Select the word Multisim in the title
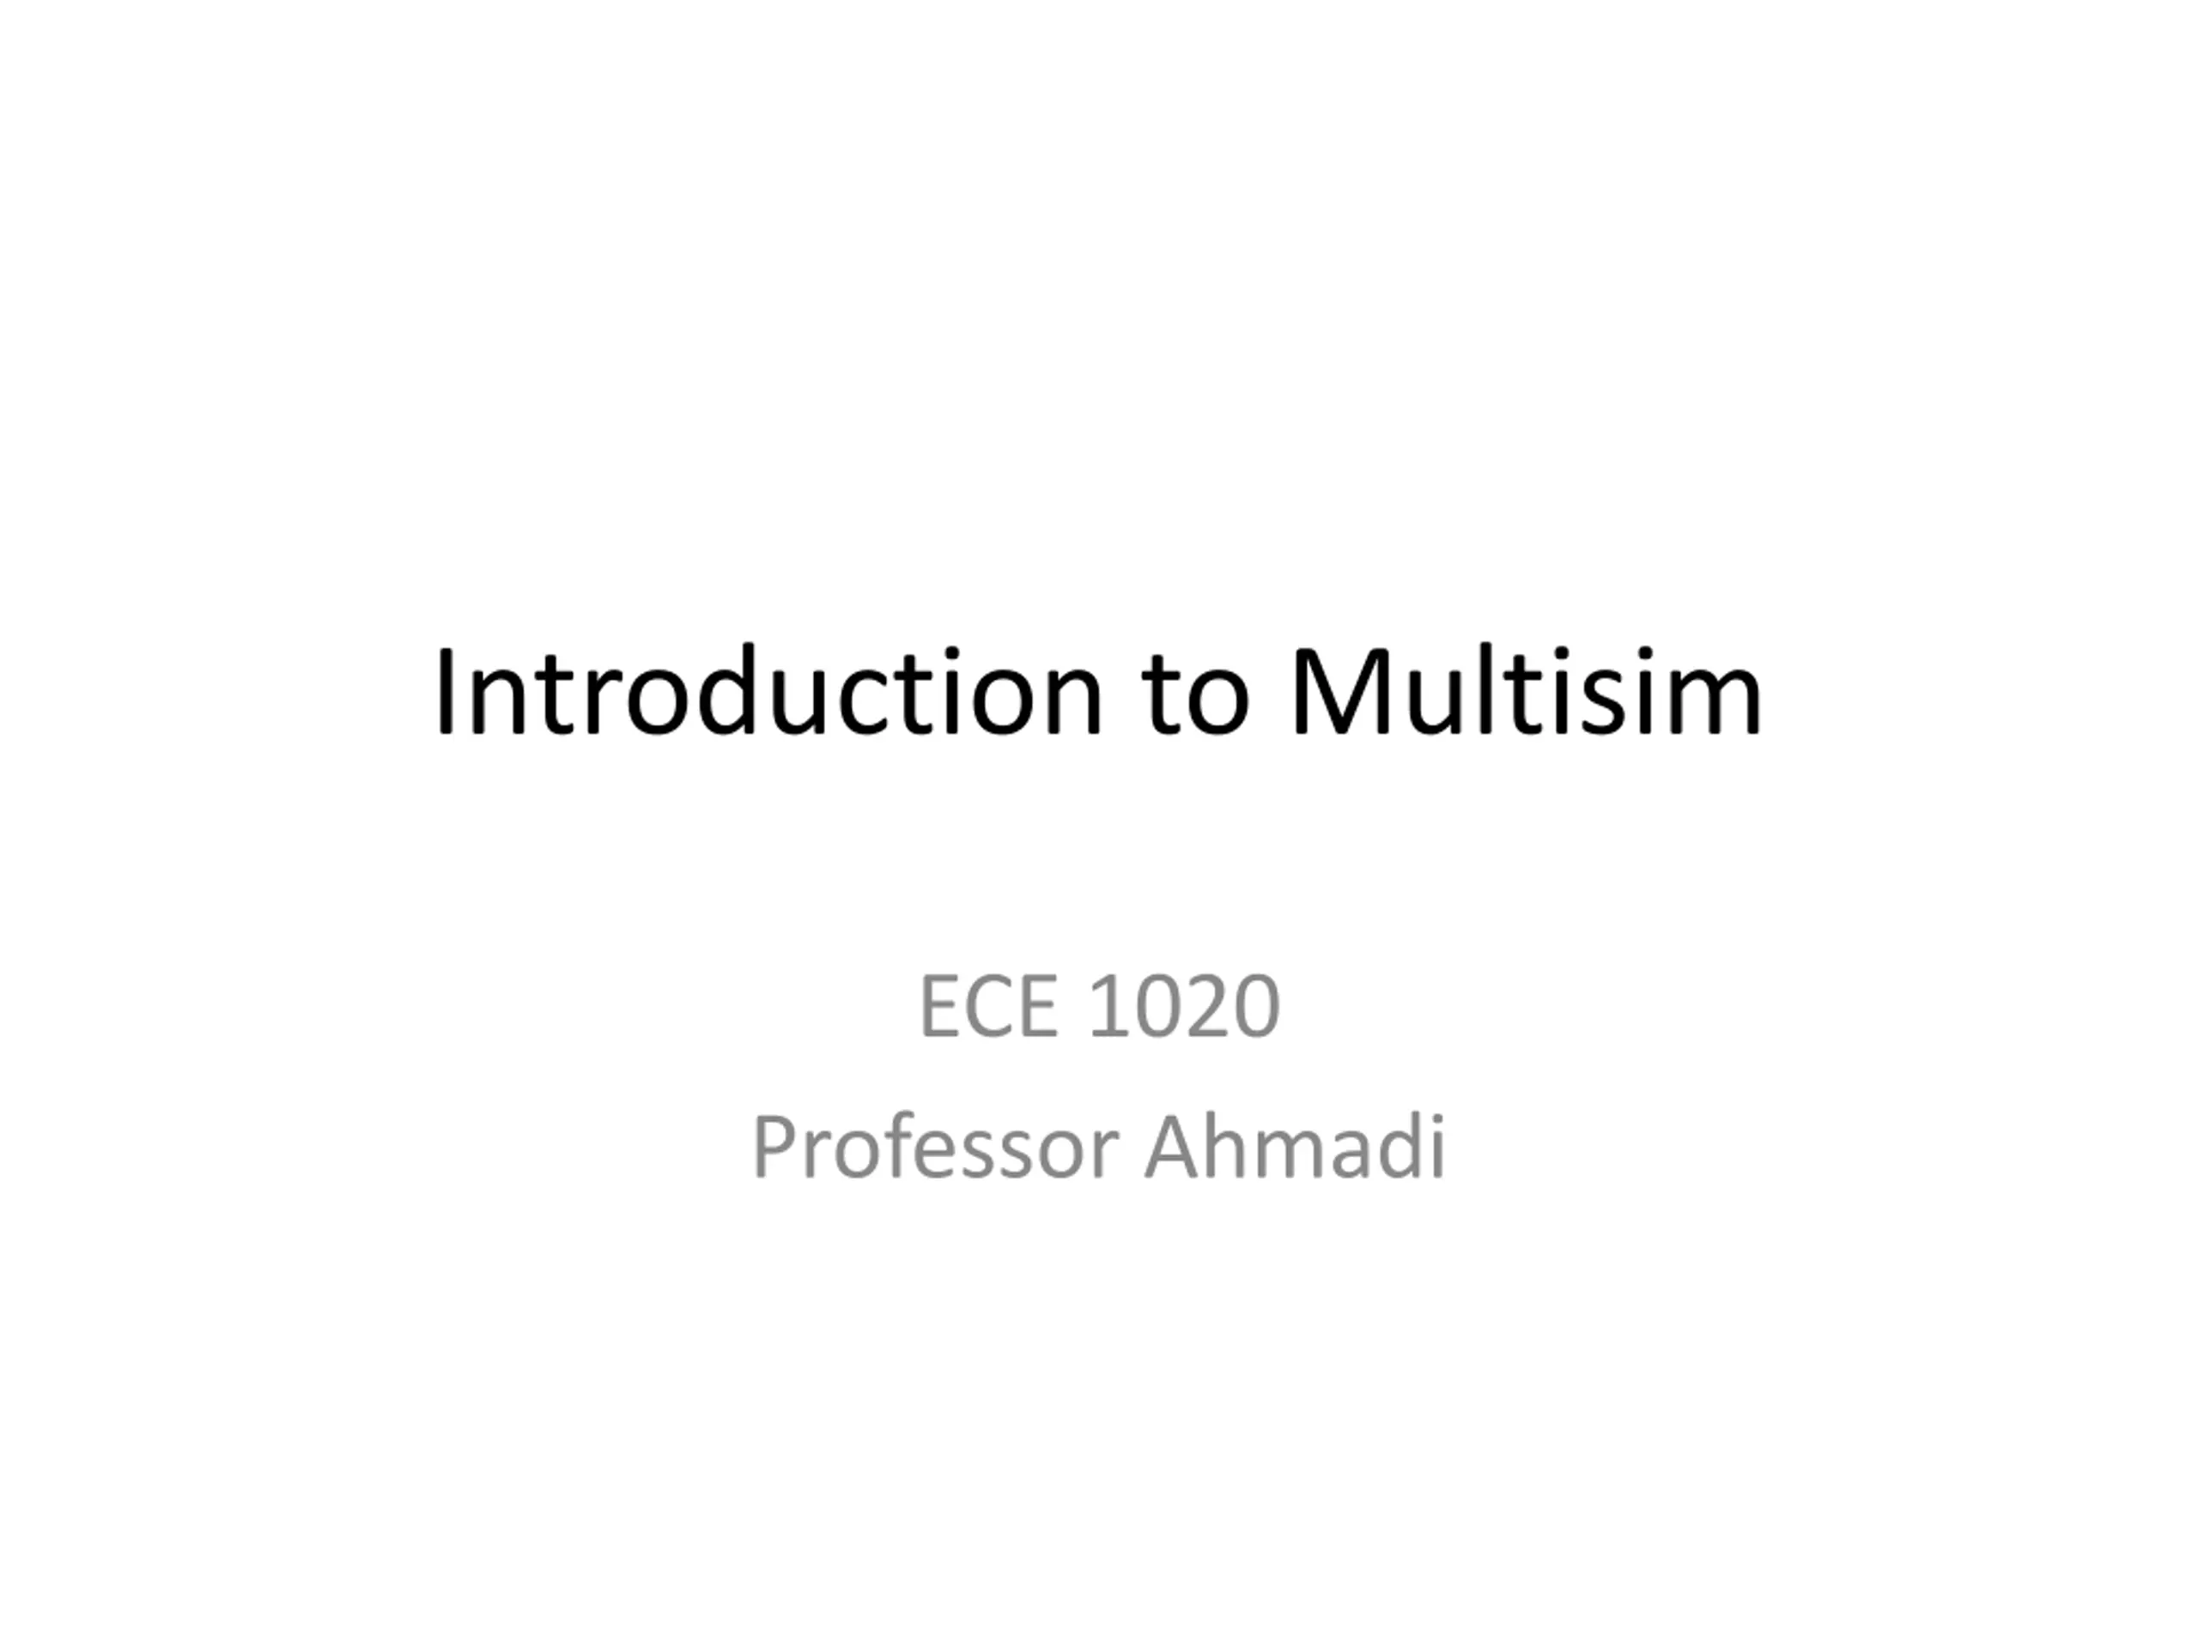point(1525,693)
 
